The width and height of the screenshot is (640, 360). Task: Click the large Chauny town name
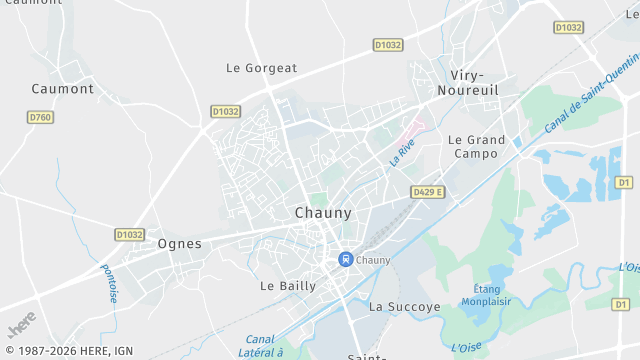click(x=323, y=213)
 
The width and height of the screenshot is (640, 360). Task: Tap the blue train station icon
click(x=345, y=259)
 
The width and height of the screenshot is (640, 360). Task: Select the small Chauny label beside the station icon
click(x=373, y=260)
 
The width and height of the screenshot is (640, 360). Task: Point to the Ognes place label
click(x=180, y=243)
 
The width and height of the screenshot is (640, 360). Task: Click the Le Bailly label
click(x=288, y=285)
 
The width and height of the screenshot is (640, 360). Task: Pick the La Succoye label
click(x=405, y=307)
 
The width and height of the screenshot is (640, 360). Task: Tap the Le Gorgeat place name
click(x=262, y=68)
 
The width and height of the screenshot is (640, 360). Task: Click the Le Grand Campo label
click(x=476, y=147)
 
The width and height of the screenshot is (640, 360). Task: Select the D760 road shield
click(x=40, y=117)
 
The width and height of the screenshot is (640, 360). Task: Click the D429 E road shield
click(x=427, y=191)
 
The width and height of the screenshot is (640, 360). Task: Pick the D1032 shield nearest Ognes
click(x=129, y=234)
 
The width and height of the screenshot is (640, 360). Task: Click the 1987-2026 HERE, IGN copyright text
click(x=68, y=350)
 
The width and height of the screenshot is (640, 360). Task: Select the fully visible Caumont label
click(x=63, y=88)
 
